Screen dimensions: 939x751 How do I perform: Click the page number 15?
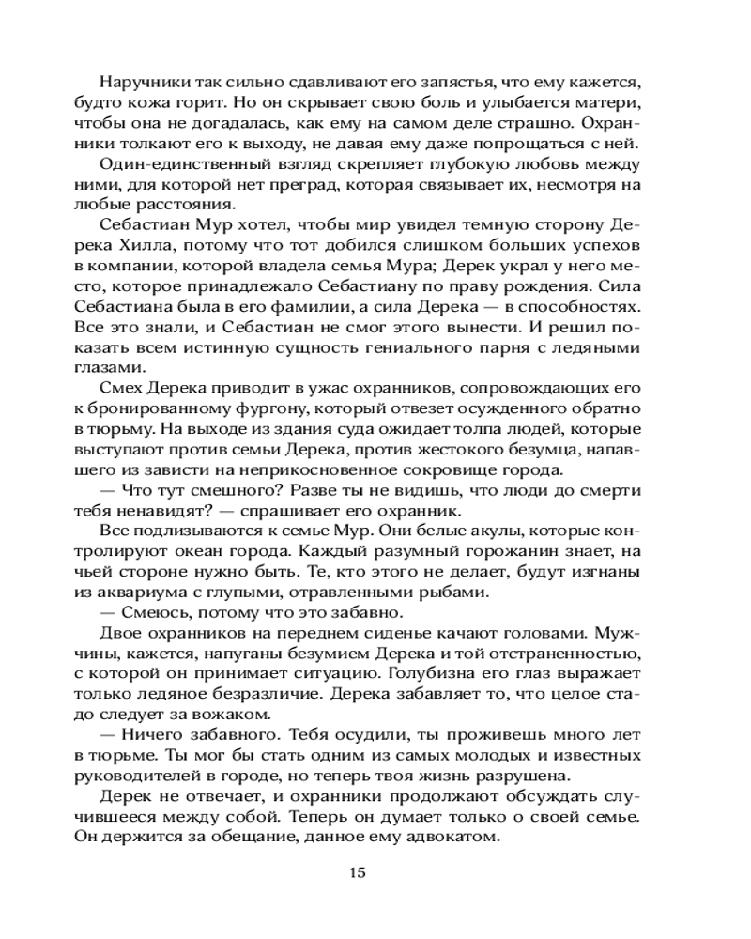coord(357,871)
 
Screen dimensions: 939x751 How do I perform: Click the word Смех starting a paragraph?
coord(117,390)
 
